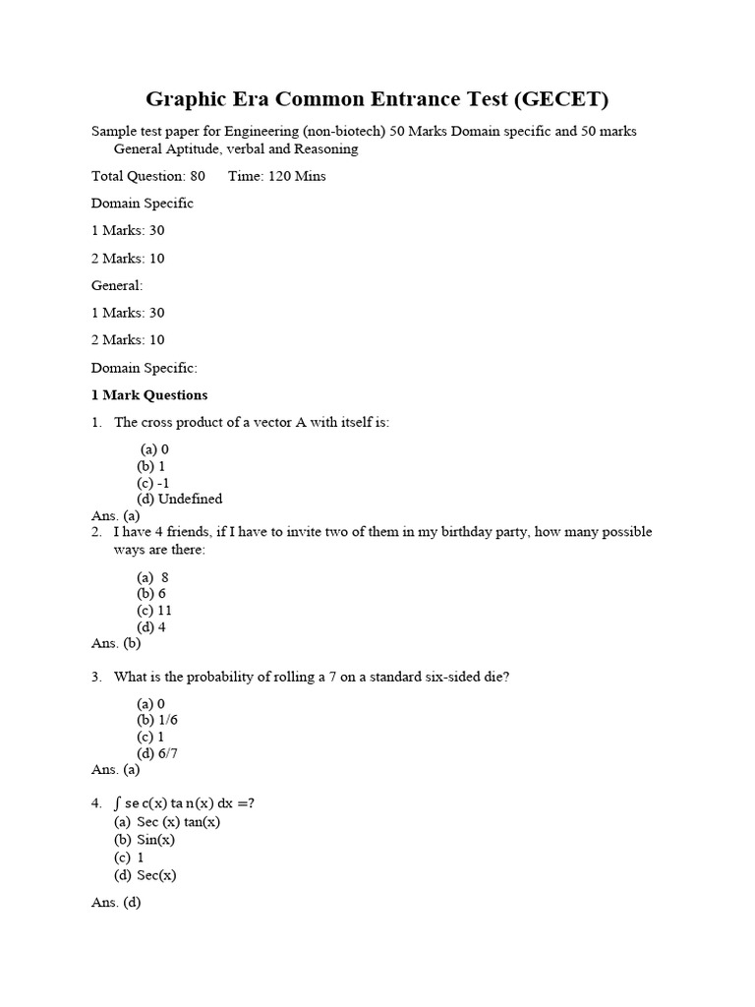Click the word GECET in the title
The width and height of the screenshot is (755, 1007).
pyautogui.click(x=557, y=99)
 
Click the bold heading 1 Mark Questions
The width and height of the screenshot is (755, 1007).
pyautogui.click(x=149, y=395)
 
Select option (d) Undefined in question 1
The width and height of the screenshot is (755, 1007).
pyautogui.click(x=180, y=499)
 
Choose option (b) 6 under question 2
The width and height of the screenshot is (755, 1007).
pyautogui.click(x=151, y=594)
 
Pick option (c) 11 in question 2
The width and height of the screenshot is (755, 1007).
pyautogui.click(x=155, y=611)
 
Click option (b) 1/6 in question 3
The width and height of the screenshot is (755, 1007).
pyautogui.click(x=157, y=720)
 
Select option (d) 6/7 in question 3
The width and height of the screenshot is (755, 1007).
pyautogui.click(x=157, y=754)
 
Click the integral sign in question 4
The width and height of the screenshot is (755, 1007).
pyautogui.click(x=118, y=803)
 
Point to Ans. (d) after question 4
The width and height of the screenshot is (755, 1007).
pyautogui.click(x=116, y=903)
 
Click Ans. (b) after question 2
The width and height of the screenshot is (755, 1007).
pyautogui.click(x=116, y=644)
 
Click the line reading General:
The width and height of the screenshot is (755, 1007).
pyautogui.click(x=117, y=285)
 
